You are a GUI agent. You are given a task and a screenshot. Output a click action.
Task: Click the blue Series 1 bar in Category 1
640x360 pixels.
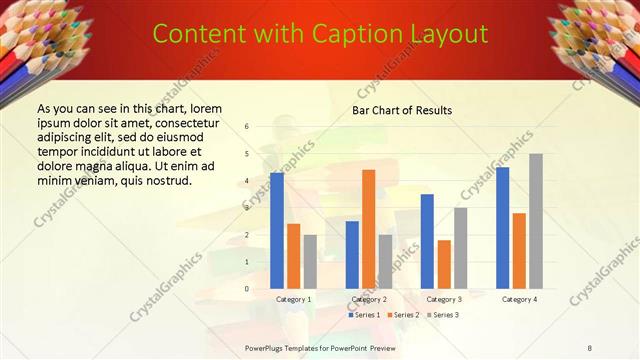tap(277, 231)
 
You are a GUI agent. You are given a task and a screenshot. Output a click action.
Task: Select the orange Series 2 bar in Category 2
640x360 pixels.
tap(369, 229)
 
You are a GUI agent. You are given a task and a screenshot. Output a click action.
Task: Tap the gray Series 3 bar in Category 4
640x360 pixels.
tap(536, 221)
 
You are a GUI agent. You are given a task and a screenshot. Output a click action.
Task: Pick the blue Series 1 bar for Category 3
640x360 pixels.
tap(427, 241)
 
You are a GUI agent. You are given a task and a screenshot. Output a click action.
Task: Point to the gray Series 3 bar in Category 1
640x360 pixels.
tap(310, 262)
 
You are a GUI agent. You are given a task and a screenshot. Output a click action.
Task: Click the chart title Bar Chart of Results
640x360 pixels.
tap(401, 110)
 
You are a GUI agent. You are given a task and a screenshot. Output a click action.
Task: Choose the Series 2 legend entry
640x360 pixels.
tap(403, 315)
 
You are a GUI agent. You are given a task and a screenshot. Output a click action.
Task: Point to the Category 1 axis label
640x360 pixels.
tap(293, 299)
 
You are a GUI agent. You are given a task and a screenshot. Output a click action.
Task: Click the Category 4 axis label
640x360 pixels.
tap(519, 299)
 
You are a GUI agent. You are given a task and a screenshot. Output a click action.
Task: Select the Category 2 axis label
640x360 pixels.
tap(369, 299)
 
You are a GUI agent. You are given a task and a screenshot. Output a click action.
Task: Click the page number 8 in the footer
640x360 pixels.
tap(590, 346)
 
